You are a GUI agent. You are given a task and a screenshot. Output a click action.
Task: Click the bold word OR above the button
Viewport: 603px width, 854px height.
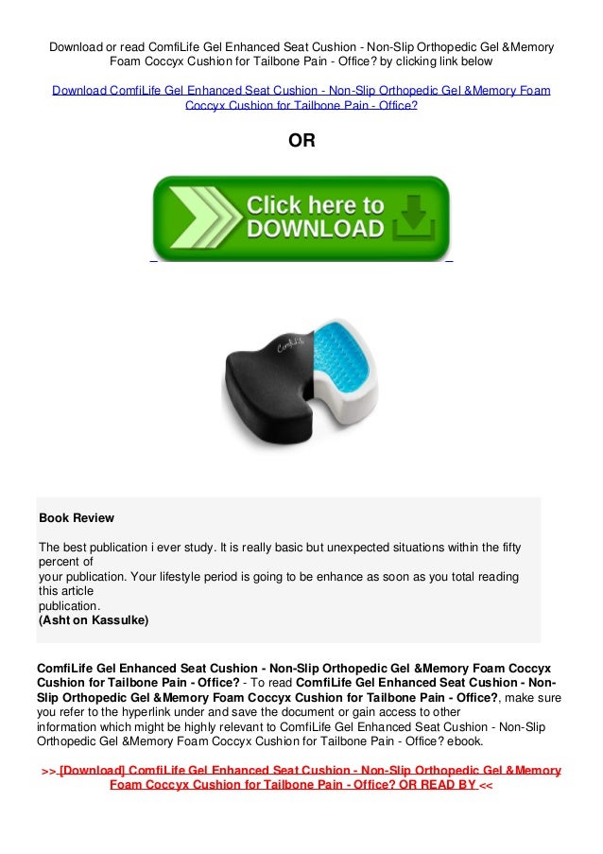pyautogui.click(x=301, y=141)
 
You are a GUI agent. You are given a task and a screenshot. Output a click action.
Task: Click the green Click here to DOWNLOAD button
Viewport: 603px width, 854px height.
pyautogui.click(x=301, y=217)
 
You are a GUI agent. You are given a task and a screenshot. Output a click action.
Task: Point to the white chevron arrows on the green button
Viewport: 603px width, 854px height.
pyautogui.click(x=195, y=218)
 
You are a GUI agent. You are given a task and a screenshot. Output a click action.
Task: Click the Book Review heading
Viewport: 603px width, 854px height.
pyautogui.click(x=76, y=518)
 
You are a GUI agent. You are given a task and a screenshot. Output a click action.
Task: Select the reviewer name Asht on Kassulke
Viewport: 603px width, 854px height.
pyautogui.click(x=94, y=621)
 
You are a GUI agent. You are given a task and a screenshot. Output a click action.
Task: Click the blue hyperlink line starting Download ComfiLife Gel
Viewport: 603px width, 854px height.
pyautogui.click(x=301, y=91)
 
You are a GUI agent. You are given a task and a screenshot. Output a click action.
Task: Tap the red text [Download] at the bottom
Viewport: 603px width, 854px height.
pyautogui.click(x=92, y=771)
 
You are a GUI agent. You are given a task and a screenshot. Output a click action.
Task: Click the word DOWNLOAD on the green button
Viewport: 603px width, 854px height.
pyautogui.click(x=316, y=229)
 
